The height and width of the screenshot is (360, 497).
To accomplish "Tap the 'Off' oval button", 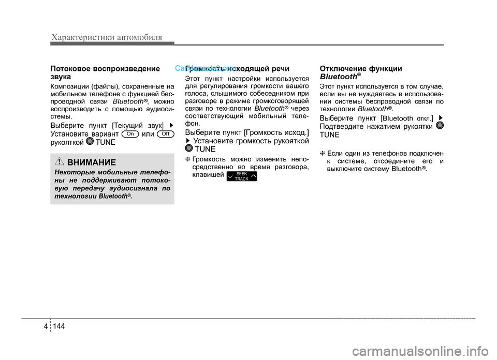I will (164, 133).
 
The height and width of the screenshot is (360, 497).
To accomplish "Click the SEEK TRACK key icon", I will (242, 176).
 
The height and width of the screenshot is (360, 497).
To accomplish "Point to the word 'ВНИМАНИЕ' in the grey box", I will (92, 162).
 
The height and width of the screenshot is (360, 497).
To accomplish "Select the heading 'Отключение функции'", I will (361, 68).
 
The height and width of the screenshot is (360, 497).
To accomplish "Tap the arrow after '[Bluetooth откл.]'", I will (441, 118).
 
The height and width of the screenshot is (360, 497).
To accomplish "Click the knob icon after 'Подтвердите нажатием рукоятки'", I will (440, 126).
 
